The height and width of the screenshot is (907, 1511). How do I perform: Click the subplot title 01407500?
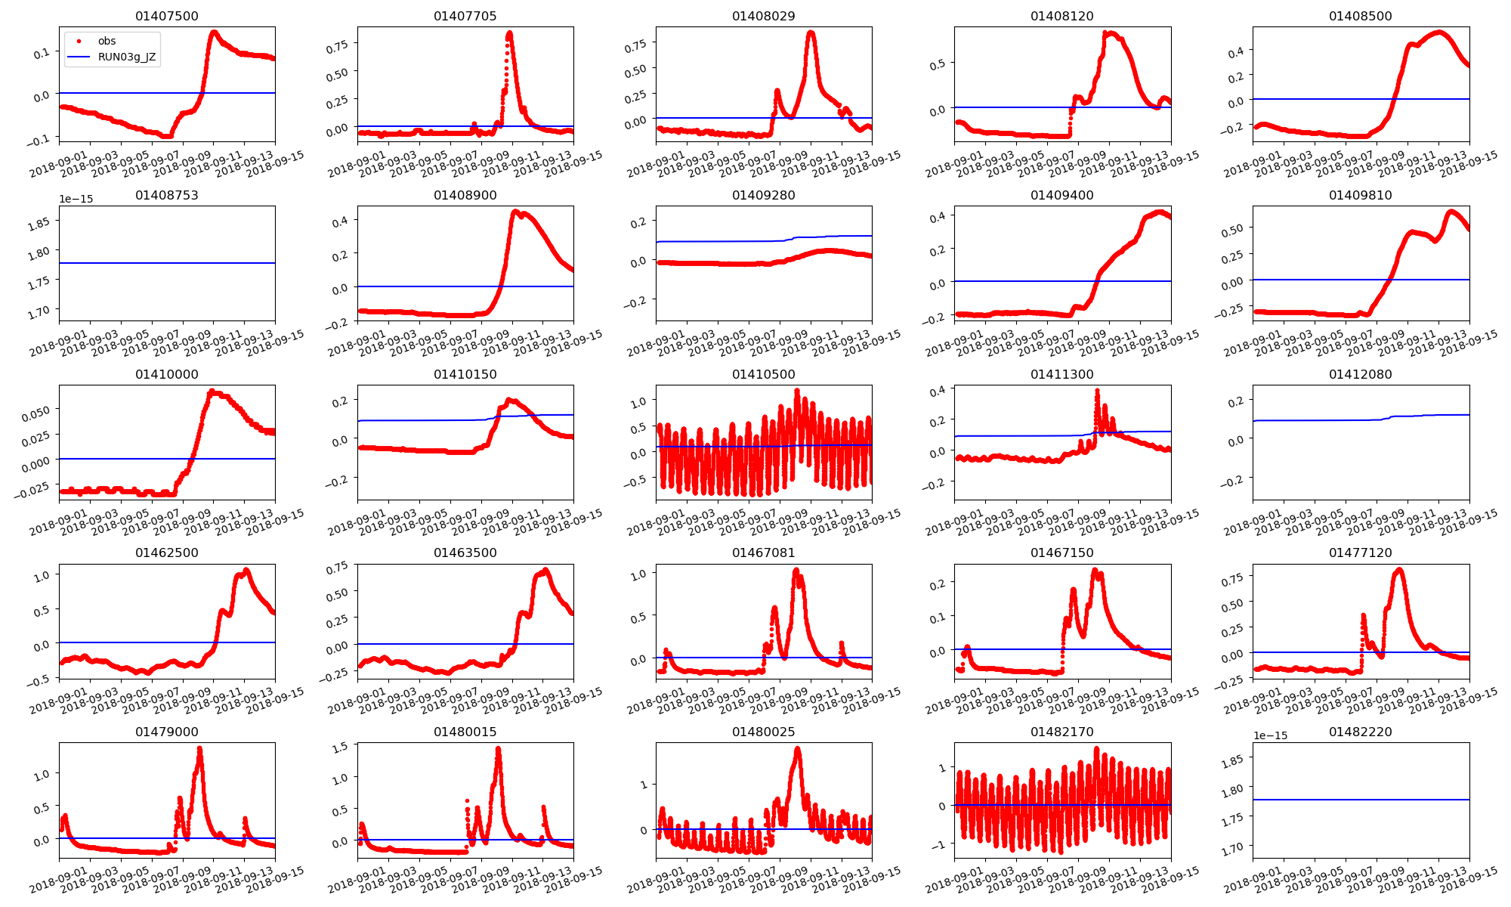pos(167,16)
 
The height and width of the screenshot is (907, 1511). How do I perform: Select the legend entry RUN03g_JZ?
pos(126,57)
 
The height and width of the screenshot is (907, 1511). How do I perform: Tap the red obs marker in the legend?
pos(79,41)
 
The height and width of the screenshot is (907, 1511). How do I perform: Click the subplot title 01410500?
pos(763,374)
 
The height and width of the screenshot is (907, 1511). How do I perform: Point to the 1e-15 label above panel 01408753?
pos(76,199)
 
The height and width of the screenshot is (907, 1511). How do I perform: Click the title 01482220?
pos(1360,732)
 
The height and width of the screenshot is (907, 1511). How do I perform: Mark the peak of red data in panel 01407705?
pos(509,33)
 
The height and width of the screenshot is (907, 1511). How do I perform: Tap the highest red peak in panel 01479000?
pos(199,748)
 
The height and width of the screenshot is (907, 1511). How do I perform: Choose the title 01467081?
pos(763,553)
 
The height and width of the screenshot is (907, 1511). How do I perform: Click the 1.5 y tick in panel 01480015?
pos(339,747)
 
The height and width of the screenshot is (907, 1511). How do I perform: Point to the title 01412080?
pos(1360,374)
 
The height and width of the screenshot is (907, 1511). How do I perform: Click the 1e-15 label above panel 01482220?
pos(1270,735)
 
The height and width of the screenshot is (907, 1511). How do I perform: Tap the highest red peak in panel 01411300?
pos(1097,391)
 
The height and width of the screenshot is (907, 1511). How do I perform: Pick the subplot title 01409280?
pos(763,195)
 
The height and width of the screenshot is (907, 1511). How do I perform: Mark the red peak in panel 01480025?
pos(798,748)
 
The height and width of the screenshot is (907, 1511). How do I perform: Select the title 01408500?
pos(1360,16)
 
